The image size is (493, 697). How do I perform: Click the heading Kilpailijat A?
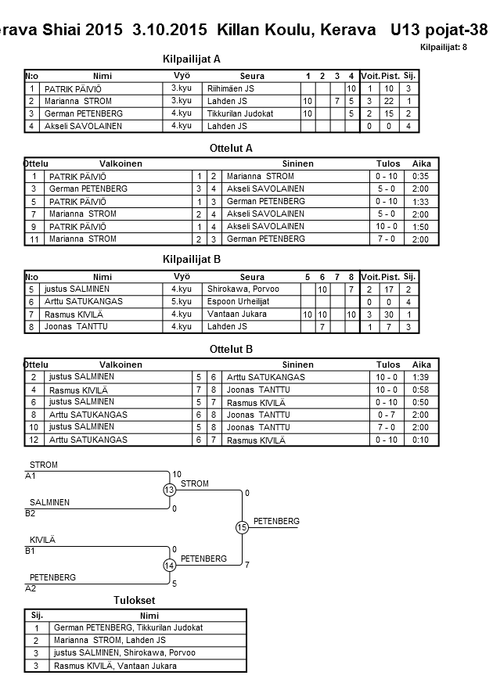pyautogui.click(x=191, y=59)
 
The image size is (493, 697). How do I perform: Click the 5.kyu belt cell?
pyautogui.click(x=181, y=301)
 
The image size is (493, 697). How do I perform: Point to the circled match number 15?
pyautogui.click(x=242, y=528)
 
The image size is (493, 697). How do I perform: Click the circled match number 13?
pyautogui.click(x=170, y=490)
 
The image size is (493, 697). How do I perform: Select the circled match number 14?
pyautogui.click(x=170, y=566)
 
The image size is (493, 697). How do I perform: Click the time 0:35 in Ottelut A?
pyautogui.click(x=419, y=177)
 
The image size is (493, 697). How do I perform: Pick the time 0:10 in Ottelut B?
pyautogui.click(x=419, y=440)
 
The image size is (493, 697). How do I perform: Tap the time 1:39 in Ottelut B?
pyautogui.click(x=419, y=377)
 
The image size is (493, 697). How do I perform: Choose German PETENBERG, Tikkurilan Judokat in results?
pyautogui.click(x=128, y=628)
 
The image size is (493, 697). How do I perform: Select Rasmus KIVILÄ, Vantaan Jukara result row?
pyautogui.click(x=115, y=666)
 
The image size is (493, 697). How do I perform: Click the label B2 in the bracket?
pyautogui.click(x=31, y=514)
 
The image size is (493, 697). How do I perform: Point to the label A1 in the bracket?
pyautogui.click(x=31, y=476)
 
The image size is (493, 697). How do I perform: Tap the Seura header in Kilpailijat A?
pyautogui.click(x=252, y=76)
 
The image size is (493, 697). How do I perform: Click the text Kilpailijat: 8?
pyautogui.click(x=443, y=48)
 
